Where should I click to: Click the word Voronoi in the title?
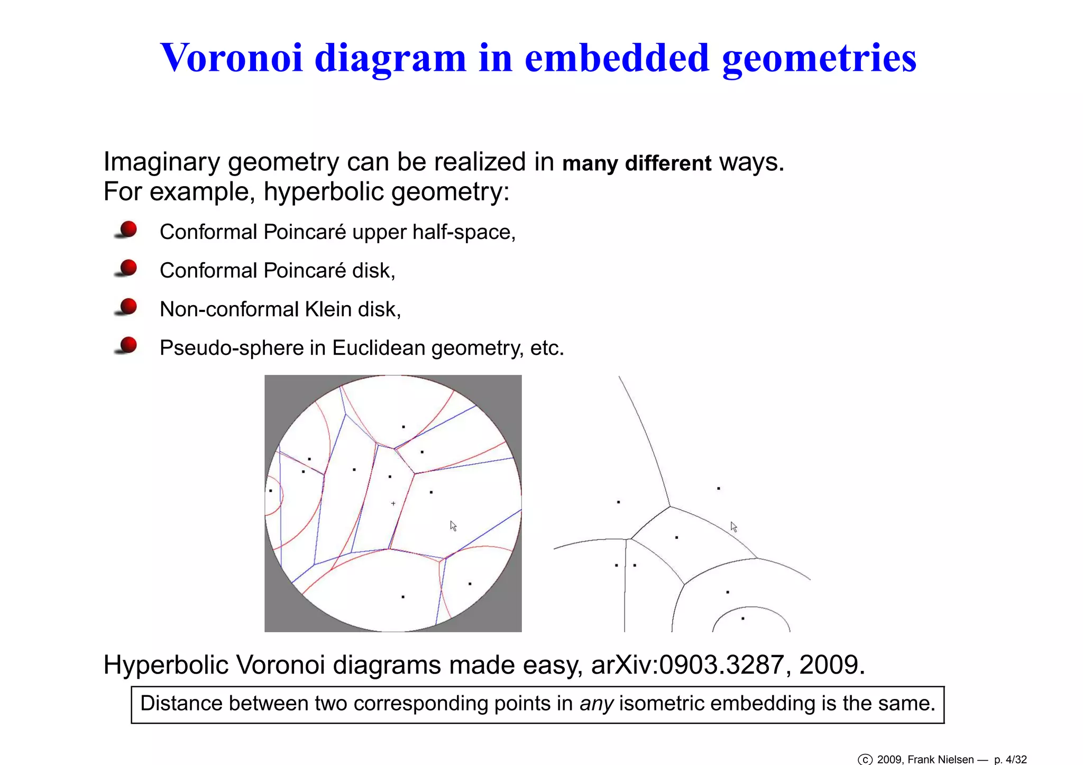(x=232, y=58)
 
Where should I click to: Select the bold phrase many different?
(x=636, y=163)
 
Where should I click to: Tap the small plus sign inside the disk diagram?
(x=393, y=503)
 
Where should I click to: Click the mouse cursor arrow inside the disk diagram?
(x=453, y=526)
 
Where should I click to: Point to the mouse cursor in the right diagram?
(x=733, y=527)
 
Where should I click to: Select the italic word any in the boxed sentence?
(x=596, y=704)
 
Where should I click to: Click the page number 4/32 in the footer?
(x=1015, y=760)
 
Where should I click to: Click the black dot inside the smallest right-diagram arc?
(x=743, y=618)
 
